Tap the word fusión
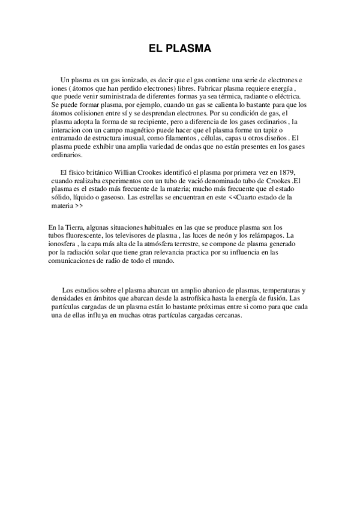pyautogui.click(x=273, y=298)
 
